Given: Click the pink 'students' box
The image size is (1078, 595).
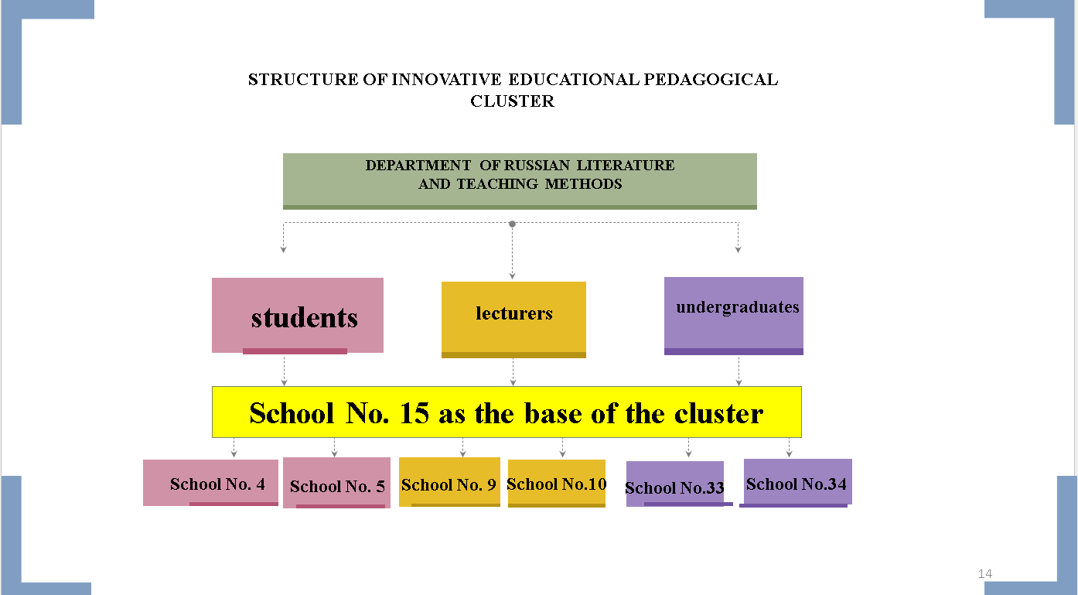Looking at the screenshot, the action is (298, 316).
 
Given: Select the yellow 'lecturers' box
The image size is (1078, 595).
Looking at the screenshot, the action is (513, 320).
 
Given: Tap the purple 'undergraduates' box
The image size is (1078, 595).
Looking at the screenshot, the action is (733, 316).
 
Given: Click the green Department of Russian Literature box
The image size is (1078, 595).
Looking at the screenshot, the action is (520, 181).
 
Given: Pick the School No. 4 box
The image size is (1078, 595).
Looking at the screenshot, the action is (210, 483).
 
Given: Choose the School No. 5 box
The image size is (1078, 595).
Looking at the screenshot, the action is (336, 483).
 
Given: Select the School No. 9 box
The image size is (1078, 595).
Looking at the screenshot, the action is (449, 482).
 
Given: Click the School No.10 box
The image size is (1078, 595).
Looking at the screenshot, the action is (556, 484).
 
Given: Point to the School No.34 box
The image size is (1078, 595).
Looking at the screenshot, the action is (797, 482).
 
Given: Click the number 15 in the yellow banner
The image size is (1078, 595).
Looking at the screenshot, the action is (414, 413).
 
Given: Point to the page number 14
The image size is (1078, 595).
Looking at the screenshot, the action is (984, 573).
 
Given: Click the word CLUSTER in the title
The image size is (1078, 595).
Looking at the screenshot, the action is (513, 101).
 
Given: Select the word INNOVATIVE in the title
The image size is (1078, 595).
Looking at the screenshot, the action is (447, 80).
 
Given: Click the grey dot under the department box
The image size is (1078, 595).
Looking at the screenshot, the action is (512, 224).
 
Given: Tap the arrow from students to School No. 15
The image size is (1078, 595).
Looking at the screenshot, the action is (284, 371).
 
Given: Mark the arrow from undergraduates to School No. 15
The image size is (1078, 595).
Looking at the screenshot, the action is (739, 371).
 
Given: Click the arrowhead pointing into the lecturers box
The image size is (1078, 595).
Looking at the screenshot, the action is (512, 276).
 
